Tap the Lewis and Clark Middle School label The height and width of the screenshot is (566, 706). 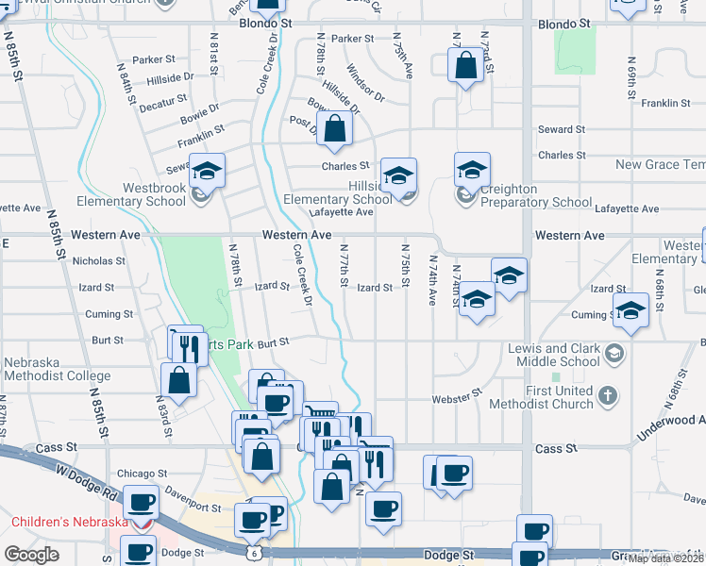click(553, 355)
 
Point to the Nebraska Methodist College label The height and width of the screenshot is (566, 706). click(57, 369)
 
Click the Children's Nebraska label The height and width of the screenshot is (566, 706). click(69, 522)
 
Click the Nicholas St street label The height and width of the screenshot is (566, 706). click(98, 260)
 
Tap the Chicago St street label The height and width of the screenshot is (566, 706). click(142, 474)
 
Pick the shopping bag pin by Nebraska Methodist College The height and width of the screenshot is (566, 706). click(178, 381)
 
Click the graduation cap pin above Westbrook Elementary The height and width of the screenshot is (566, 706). click(208, 171)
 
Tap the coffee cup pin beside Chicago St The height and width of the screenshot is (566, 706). click(143, 503)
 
